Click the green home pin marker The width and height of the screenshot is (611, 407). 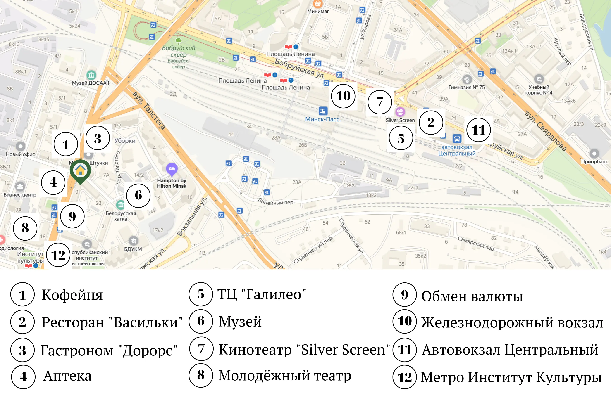80,170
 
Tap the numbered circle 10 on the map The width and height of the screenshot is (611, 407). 343,96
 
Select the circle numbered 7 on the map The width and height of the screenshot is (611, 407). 379,102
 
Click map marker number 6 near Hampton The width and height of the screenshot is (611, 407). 138,195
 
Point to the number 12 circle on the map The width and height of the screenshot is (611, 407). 58,255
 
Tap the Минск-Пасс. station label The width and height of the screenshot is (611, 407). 323,119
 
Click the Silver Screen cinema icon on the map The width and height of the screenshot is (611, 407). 400,112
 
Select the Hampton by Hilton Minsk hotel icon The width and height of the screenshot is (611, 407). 172,169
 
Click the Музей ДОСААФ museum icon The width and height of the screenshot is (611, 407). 91,75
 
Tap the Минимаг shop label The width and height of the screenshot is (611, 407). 318,12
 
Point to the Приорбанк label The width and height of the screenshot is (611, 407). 594,162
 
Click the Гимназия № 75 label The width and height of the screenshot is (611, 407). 467,88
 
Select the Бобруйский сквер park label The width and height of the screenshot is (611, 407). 179,51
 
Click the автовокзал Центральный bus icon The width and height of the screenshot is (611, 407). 457,138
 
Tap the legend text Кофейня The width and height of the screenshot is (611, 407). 72,295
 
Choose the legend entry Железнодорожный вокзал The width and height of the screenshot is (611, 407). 512,323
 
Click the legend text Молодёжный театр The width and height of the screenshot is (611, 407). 285,375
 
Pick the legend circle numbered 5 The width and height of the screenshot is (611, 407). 201,294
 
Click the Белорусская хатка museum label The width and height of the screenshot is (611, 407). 121,216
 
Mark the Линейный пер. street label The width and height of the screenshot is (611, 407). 276,201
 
